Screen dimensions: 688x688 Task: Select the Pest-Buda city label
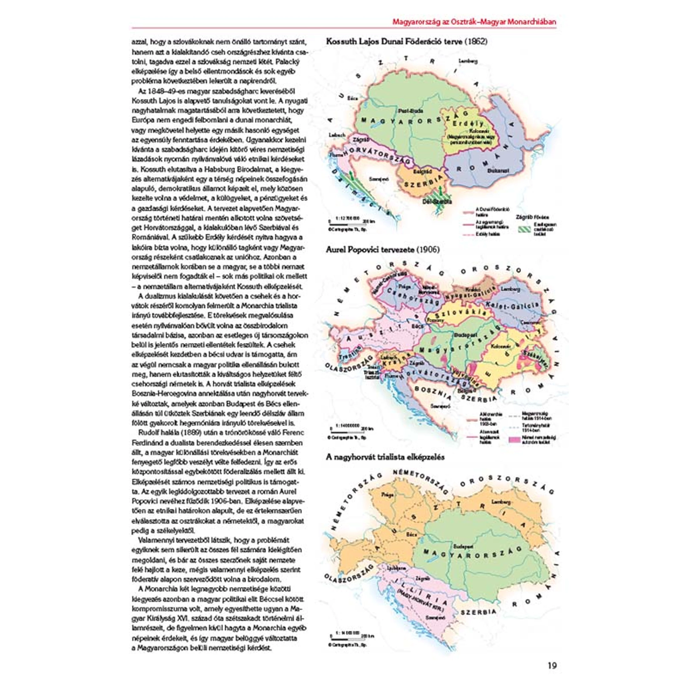410,111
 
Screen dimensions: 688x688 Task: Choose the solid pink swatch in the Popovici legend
514,439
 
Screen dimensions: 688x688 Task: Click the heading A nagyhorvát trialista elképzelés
385,457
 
